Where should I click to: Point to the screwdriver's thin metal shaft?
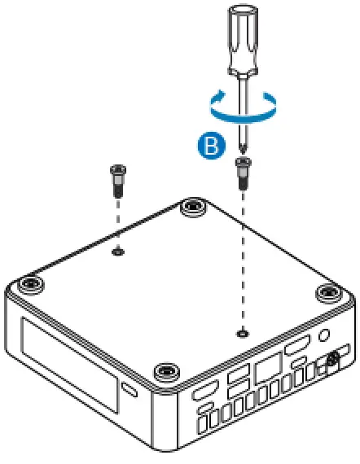[243, 114]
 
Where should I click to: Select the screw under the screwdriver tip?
[242, 172]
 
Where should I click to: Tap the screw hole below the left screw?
[118, 252]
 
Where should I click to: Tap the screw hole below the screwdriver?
[242, 332]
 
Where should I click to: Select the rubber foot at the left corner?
[32, 285]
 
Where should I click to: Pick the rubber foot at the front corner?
[166, 373]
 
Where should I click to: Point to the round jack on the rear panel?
[324, 335]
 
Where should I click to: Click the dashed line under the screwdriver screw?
[242, 260]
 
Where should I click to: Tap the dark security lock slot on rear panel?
[332, 358]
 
